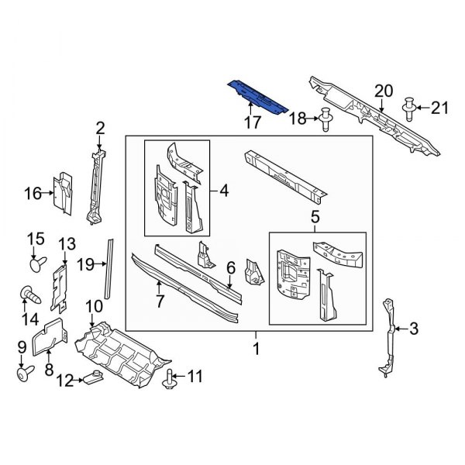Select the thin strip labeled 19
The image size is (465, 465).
(109, 265)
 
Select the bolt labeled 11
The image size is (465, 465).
(169, 377)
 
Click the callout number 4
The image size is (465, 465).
(224, 190)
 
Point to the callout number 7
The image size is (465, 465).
(160, 301)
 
